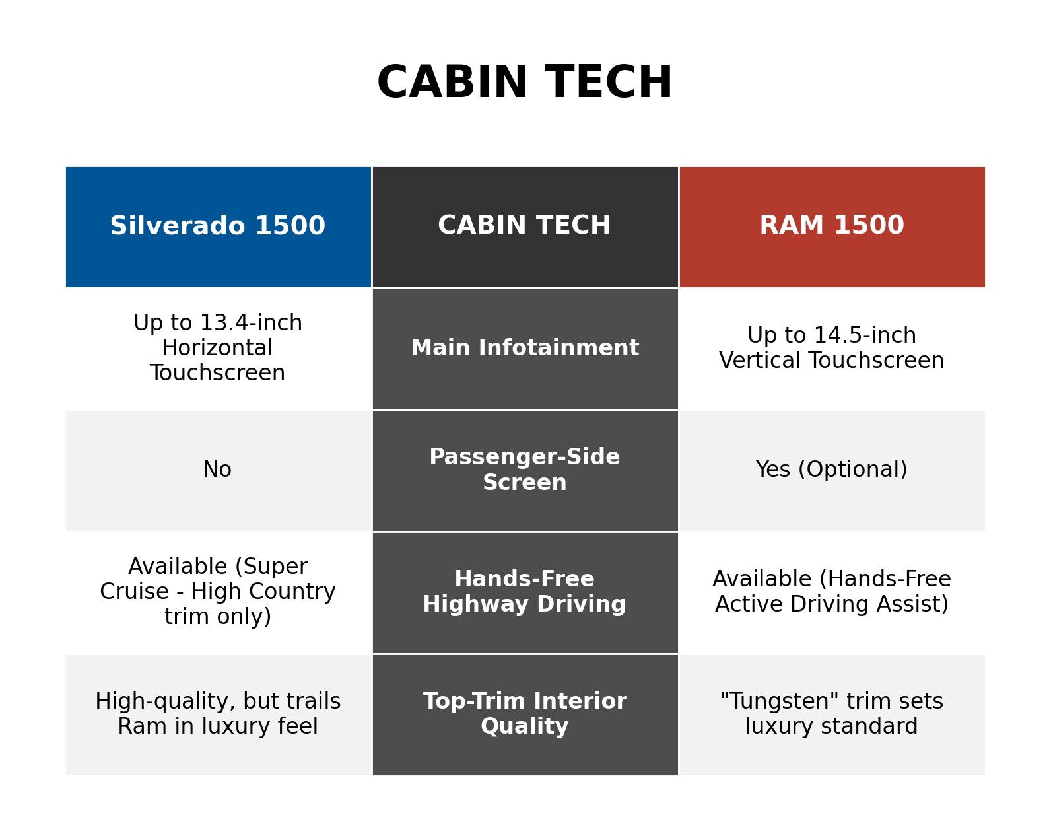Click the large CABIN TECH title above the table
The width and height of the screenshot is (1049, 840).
[524, 82]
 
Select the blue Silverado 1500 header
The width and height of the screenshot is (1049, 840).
[219, 227]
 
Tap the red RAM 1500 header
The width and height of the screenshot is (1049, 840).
[832, 227]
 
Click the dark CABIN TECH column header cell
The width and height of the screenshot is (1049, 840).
[525, 227]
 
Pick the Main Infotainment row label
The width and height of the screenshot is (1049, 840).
[525, 348]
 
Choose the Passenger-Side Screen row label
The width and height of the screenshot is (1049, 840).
[525, 470]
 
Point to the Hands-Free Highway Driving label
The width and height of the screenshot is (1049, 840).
[525, 591]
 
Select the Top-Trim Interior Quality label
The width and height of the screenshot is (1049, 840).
[525, 713]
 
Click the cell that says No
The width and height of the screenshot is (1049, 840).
[217, 470]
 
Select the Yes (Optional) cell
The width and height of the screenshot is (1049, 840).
[832, 470]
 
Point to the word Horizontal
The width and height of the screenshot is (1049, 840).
[217, 348]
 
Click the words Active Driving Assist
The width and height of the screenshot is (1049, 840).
[832, 604]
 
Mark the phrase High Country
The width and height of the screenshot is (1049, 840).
[263, 591]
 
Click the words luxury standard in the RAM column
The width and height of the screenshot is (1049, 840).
[832, 726]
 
